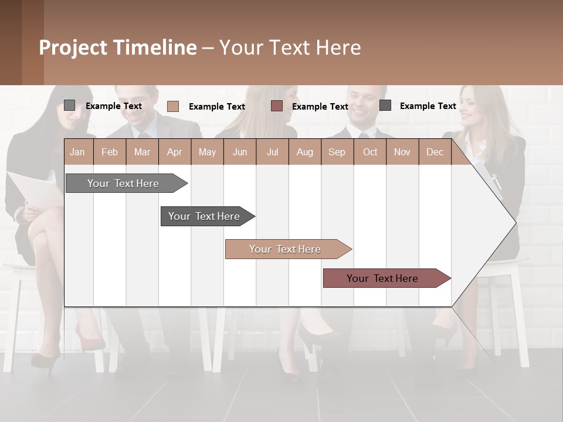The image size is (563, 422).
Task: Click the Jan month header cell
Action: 78,152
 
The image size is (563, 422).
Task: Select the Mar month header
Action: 142,152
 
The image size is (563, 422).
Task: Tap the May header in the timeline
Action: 207,152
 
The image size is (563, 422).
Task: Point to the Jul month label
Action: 272,152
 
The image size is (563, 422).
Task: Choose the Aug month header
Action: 304,152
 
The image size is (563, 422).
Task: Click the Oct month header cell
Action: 369,152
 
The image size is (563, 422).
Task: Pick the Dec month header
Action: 435,152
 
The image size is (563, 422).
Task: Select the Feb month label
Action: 110,152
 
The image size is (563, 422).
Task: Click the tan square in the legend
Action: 173,106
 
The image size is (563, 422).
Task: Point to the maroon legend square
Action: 277,106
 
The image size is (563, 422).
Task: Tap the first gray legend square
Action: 69,105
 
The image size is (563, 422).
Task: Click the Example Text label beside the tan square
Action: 216,107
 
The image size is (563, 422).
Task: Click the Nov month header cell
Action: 402,152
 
